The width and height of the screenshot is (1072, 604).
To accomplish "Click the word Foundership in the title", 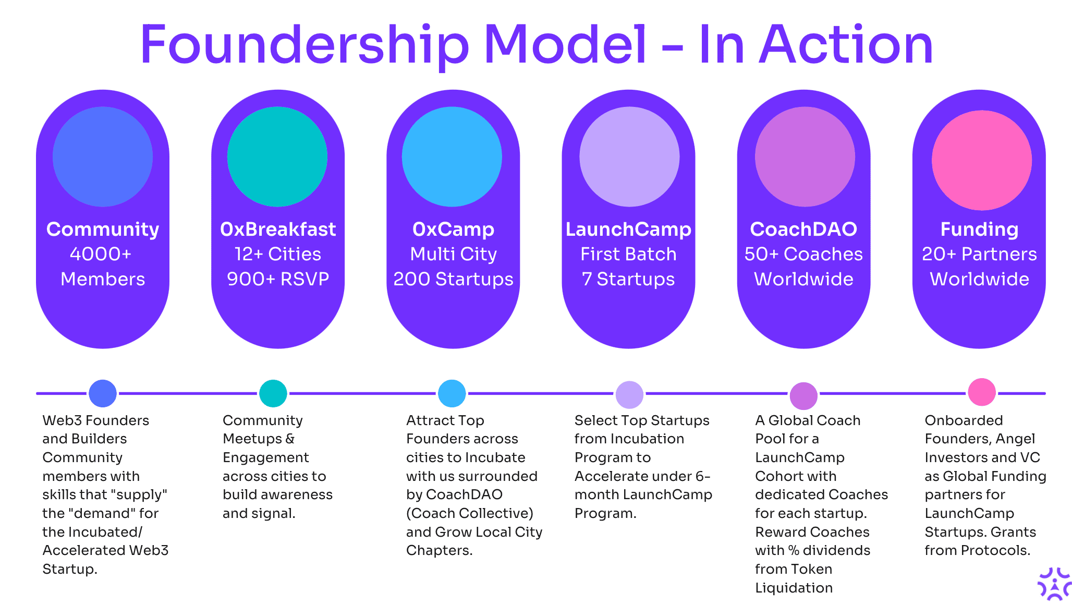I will click(x=305, y=46).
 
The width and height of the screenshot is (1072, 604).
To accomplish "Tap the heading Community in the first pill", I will click(x=103, y=229).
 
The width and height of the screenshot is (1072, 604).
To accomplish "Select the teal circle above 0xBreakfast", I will click(x=277, y=156).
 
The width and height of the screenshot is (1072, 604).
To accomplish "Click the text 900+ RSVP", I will click(x=278, y=279).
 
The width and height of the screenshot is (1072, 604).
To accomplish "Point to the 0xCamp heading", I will click(x=453, y=229).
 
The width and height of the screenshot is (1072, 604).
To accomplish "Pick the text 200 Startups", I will click(x=453, y=279).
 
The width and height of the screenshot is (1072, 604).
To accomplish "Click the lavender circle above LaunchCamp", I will click(x=629, y=156).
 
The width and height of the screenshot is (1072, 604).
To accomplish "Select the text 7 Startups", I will click(x=628, y=279).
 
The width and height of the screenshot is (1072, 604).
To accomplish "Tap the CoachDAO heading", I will click(x=803, y=229).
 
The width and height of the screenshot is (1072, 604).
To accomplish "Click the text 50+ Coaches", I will click(x=803, y=254).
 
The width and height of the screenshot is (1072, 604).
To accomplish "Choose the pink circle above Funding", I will click(x=981, y=160).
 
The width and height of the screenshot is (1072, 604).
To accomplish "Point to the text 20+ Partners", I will click(x=979, y=254).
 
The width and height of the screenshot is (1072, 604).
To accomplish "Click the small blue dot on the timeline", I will click(x=103, y=393).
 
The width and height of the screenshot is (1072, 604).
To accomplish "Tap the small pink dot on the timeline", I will click(x=982, y=392).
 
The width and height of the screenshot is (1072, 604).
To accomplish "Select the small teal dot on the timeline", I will click(x=273, y=393).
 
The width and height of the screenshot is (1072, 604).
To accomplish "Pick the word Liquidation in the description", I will click(x=794, y=588).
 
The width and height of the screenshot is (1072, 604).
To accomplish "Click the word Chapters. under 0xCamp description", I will click(x=439, y=550).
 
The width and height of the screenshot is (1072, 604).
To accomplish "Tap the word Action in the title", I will click(x=846, y=46).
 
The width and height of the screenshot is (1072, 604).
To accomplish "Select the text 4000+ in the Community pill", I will click(x=101, y=254).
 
